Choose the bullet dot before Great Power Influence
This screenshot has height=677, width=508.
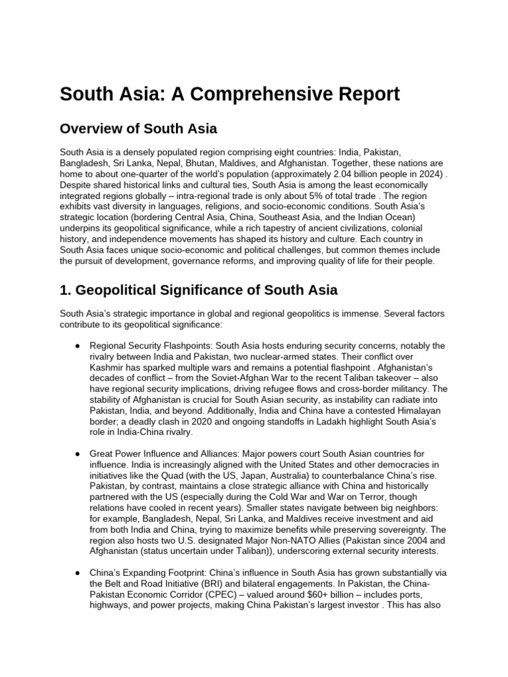78,455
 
